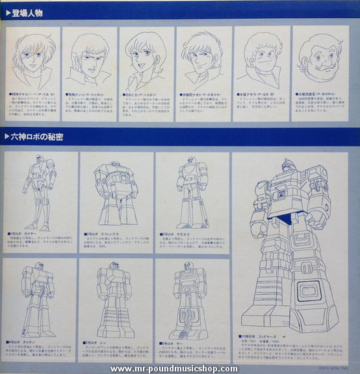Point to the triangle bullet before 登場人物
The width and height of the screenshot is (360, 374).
click(x=7, y=12)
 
